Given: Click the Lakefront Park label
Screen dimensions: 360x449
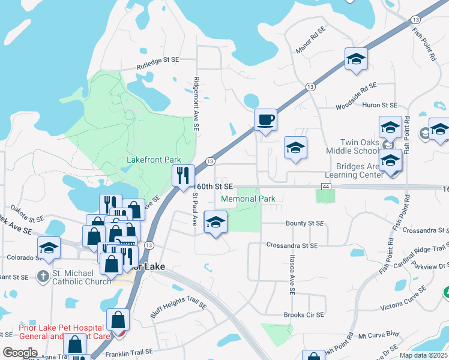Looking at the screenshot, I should pos(154,160).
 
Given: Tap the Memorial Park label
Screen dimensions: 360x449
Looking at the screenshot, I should pos(248,199).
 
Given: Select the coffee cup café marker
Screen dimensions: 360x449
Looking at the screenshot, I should pos(265,119).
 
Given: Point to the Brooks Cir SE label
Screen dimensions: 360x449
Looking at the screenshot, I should pos(304,314).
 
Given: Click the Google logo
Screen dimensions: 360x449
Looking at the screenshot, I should pos(20,353).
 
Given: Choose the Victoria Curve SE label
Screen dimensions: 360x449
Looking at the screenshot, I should pos(404,299).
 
